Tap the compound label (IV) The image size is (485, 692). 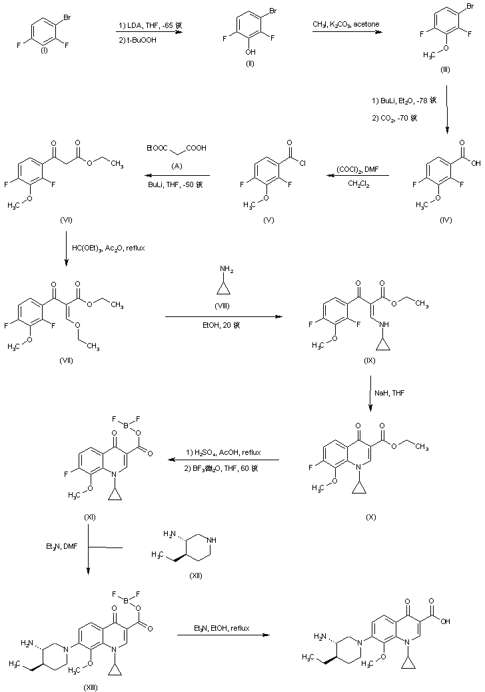(x=446, y=220)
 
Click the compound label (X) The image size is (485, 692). (x=372, y=517)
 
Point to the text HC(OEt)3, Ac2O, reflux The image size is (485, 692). (x=107, y=247)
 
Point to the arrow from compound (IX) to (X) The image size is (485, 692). (x=370, y=394)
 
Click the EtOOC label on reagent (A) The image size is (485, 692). (x=157, y=148)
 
